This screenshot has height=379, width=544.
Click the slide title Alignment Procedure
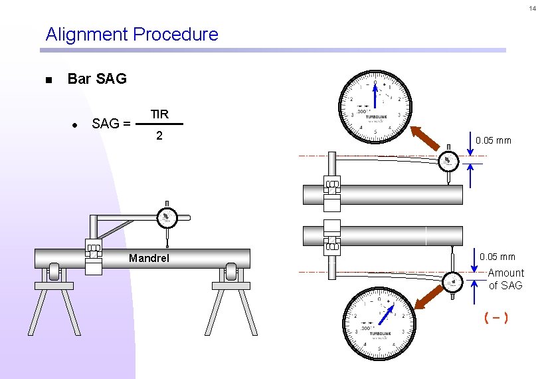pos(132,35)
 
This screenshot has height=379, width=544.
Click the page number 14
pos(532,9)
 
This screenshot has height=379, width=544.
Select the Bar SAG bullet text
pos(97,79)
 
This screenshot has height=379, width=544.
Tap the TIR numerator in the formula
pos(159,114)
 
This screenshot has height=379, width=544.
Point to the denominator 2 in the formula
pos(159,136)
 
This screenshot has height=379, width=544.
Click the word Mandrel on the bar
pos(149,257)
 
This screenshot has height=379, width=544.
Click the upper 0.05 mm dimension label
pos(494,140)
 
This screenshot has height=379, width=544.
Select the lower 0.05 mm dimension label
pos(497,257)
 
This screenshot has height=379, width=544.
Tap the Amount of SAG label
pos(505,279)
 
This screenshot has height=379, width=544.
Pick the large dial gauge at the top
pos(376,106)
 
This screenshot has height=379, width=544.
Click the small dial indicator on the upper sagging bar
pos(448,162)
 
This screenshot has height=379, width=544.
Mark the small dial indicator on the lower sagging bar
pos(453,281)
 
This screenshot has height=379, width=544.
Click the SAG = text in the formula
pos(111,124)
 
